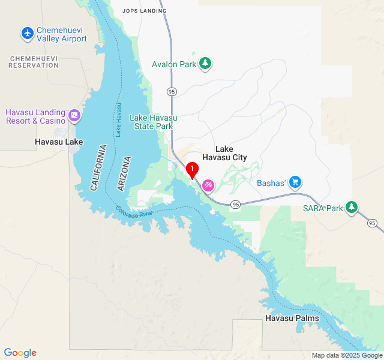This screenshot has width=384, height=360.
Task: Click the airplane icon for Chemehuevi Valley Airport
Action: click(x=28, y=33)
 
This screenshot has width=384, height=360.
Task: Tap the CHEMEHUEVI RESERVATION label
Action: click(x=34, y=61)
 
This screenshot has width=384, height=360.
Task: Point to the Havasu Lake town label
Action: click(x=59, y=142)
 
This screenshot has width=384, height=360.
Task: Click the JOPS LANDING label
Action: click(x=144, y=11)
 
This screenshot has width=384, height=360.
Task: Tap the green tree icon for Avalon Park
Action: click(x=206, y=64)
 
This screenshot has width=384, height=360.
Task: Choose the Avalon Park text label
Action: click(x=174, y=64)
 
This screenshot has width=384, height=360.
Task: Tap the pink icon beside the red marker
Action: click(x=208, y=185)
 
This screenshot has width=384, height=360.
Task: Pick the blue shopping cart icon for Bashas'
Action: click(x=295, y=182)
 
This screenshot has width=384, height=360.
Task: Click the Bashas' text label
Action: click(x=270, y=183)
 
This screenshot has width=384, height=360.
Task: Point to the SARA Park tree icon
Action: click(x=352, y=208)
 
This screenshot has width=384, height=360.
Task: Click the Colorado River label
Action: click(x=136, y=212)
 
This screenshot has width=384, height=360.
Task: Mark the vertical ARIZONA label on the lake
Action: click(x=124, y=174)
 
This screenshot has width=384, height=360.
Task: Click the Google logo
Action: click(x=20, y=353)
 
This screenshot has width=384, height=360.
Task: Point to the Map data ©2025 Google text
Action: click(x=346, y=355)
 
